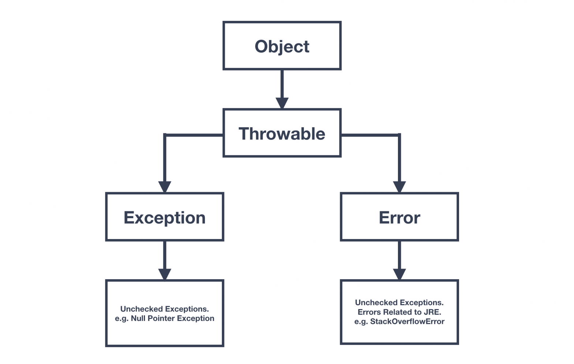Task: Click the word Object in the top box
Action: tap(282, 46)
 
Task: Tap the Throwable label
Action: tap(282, 133)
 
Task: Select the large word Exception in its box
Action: tap(164, 218)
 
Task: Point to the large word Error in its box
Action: tap(399, 218)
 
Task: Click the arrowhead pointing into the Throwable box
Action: tap(282, 103)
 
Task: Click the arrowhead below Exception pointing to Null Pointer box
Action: tap(165, 274)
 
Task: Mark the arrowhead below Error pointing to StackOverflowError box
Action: tap(399, 274)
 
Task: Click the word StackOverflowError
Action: tap(407, 321)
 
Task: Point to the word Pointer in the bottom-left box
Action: tap(161, 318)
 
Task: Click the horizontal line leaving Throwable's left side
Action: tap(194, 135)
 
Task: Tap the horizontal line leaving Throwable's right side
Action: tap(370, 135)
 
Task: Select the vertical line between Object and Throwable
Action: tap(282, 84)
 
